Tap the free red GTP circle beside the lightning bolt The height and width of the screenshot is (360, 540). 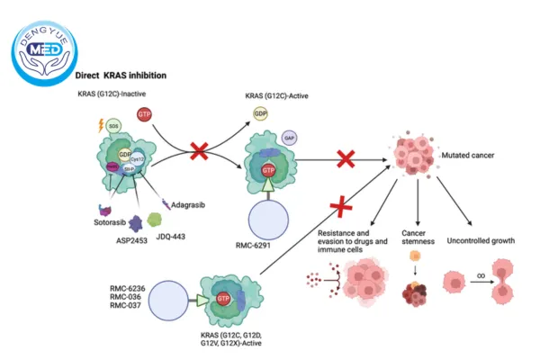(143, 114)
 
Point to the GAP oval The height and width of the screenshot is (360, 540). (289, 138)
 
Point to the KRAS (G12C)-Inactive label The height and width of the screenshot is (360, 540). (110, 94)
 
